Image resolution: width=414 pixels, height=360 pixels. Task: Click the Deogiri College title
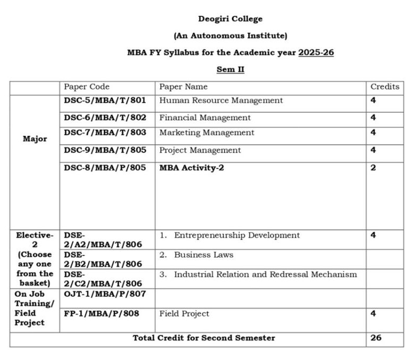pyautogui.click(x=230, y=19)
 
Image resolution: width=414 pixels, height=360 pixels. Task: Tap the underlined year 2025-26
pyautogui.click(x=316, y=52)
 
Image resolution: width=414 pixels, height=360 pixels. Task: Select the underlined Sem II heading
pyautogui.click(x=230, y=69)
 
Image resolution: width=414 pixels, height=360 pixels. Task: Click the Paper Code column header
pyautogui.click(x=86, y=86)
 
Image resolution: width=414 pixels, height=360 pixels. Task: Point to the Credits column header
pyautogui.click(x=384, y=86)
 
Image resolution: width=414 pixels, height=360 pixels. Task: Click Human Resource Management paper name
pyautogui.click(x=221, y=100)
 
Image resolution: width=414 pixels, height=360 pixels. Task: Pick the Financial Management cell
pyautogui.click(x=205, y=117)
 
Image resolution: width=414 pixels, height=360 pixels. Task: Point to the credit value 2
pyautogui.click(x=373, y=167)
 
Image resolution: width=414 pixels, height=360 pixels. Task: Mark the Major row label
pyautogui.click(x=35, y=139)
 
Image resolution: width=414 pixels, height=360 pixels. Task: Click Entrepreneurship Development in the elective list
pyautogui.click(x=237, y=235)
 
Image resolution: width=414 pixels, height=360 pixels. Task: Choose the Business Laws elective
pyautogui.click(x=203, y=255)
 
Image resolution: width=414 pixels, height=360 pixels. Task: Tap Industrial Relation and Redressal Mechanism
pyautogui.click(x=265, y=274)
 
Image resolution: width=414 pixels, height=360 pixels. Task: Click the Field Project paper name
pyautogui.click(x=184, y=314)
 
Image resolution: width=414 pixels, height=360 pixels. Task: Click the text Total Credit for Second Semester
pyautogui.click(x=204, y=338)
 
